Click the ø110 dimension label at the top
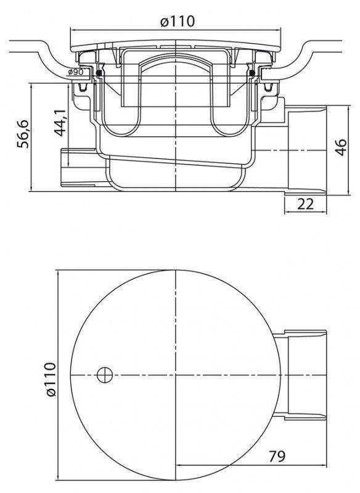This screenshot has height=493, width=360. pyautogui.click(x=177, y=21)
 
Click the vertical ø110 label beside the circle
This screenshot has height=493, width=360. pyautogui.click(x=50, y=376)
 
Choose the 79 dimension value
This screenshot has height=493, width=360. pyautogui.click(x=277, y=457)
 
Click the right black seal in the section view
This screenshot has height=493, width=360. pyautogui.click(x=253, y=75)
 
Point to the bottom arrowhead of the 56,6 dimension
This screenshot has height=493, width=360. pyautogui.click(x=31, y=189)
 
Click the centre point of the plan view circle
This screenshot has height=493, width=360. pyautogui.click(x=176, y=374)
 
